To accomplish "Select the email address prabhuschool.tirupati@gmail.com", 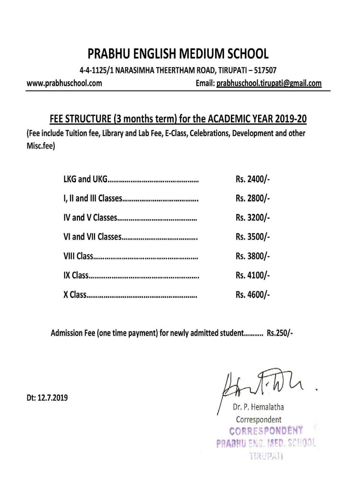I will [269, 83].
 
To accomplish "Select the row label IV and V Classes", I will [90, 218].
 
